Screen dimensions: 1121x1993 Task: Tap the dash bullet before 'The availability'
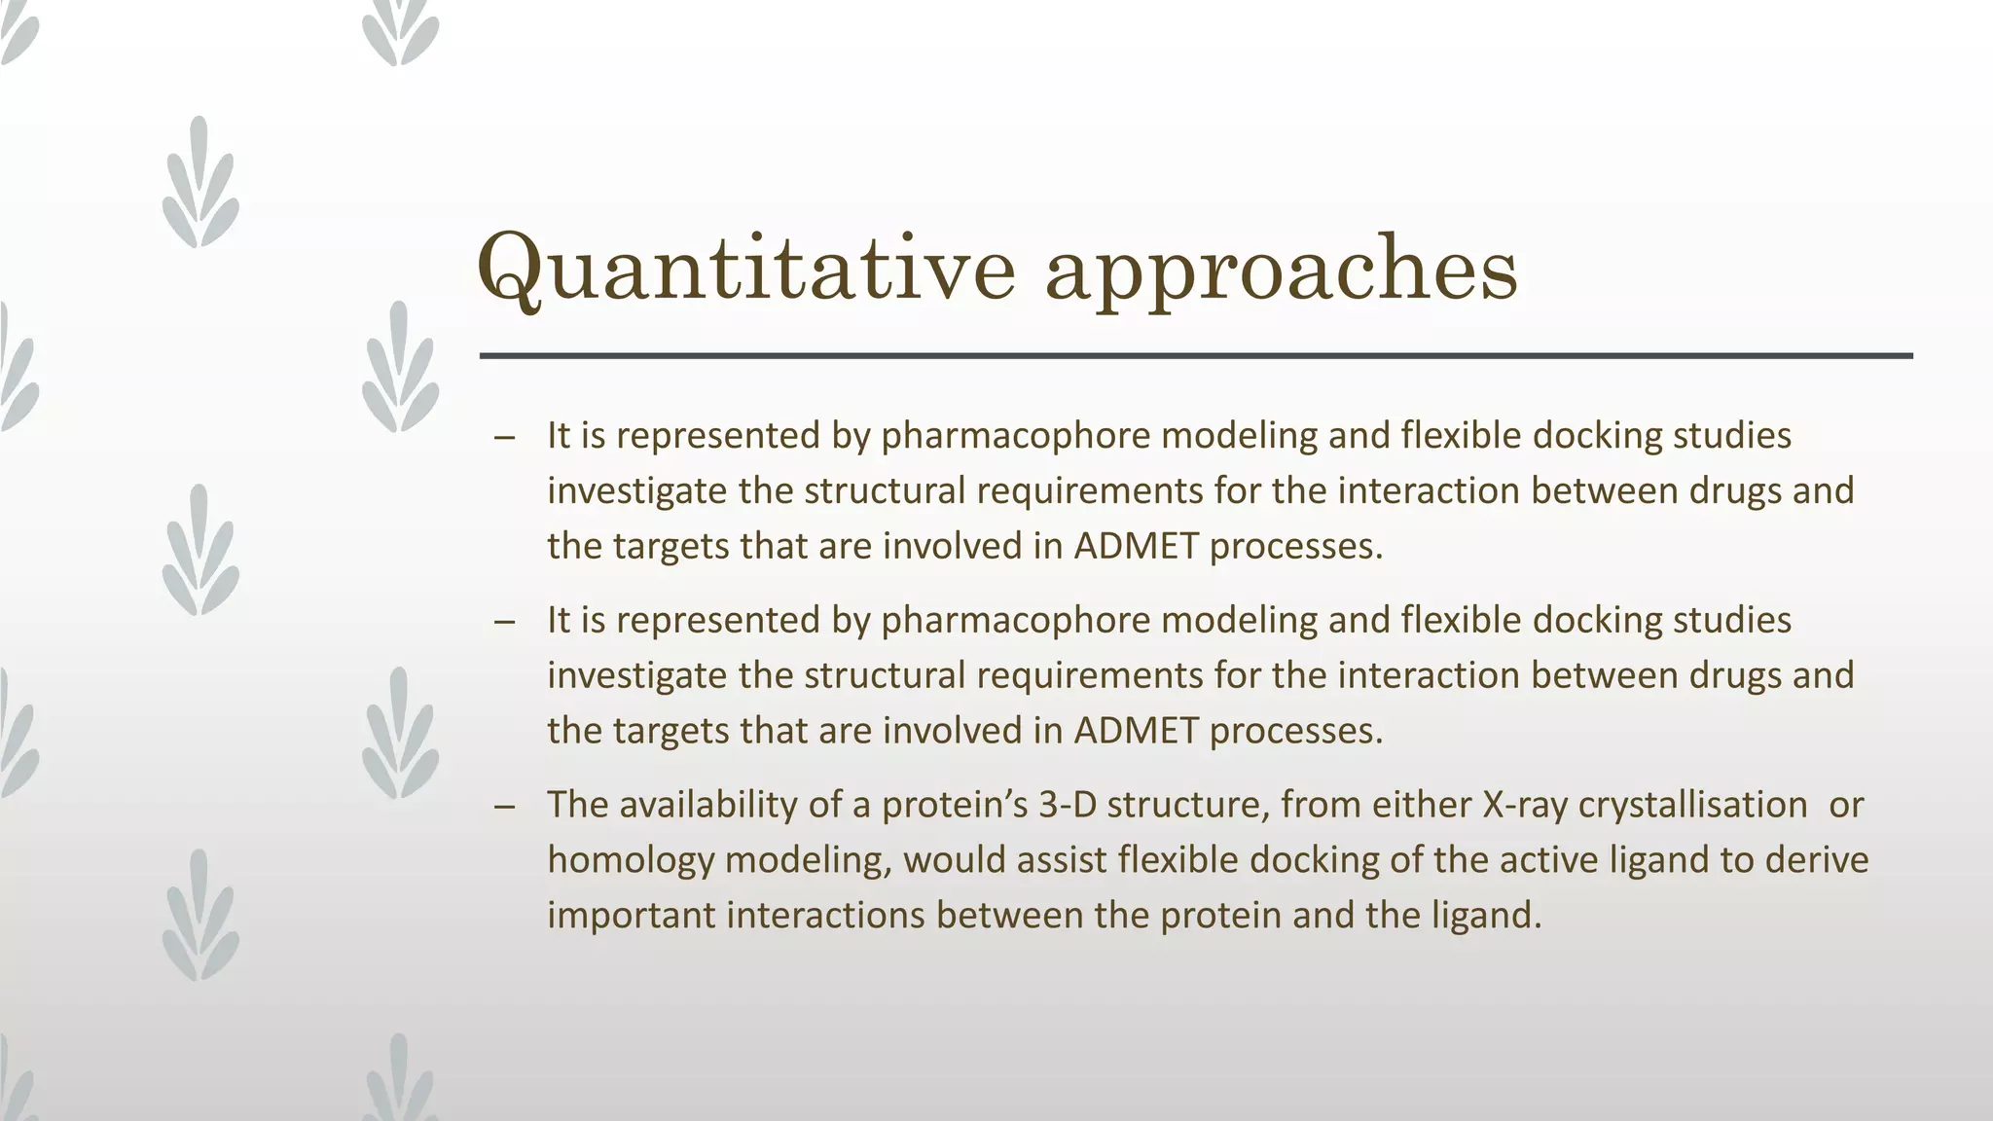point(503,807)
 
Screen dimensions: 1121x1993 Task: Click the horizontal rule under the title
point(1195,356)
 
